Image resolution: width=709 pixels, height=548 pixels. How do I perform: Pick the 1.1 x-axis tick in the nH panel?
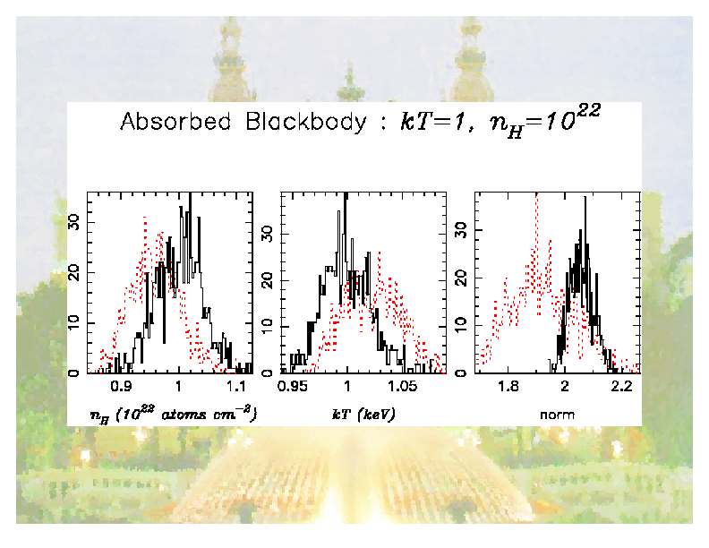(x=235, y=387)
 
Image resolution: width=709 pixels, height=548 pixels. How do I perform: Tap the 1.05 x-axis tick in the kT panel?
(x=402, y=387)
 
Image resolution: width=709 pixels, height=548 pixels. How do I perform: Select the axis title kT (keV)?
(x=361, y=414)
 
